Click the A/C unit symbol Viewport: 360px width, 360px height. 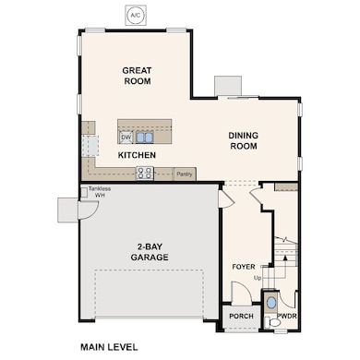[x=136, y=15]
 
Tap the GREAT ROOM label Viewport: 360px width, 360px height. [x=137, y=76]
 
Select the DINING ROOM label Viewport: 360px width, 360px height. [x=244, y=140]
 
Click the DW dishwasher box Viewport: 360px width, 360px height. [x=126, y=138]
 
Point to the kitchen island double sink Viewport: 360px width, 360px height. [x=144, y=138]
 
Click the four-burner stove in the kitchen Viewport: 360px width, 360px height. [x=145, y=174]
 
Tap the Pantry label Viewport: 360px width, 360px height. [x=185, y=174]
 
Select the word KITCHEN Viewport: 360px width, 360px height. [x=137, y=155]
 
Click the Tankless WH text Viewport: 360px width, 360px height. [x=100, y=192]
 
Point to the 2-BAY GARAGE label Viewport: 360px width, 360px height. [x=150, y=252]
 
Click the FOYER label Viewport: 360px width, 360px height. [x=244, y=267]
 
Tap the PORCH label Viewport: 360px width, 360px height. [x=242, y=316]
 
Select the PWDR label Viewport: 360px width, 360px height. [x=287, y=316]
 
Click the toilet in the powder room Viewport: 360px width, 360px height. [x=273, y=322]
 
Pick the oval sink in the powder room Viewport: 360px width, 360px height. [x=271, y=303]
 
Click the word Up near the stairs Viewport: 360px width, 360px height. [x=258, y=278]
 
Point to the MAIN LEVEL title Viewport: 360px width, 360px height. [x=109, y=347]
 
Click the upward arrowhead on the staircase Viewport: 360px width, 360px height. [x=285, y=258]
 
